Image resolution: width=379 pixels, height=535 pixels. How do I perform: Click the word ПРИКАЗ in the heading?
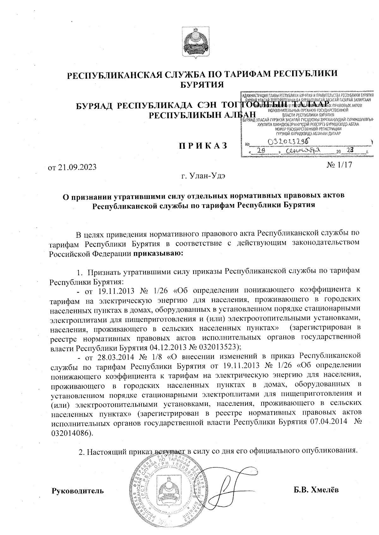[x=203, y=146]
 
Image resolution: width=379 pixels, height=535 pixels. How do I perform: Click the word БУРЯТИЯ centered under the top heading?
[x=202, y=84]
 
